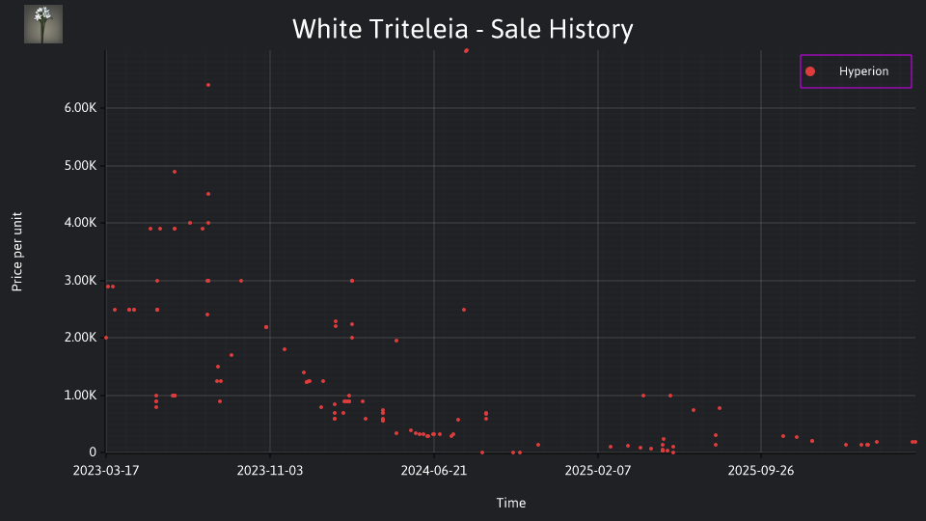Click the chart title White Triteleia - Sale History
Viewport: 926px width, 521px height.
pyautogui.click(x=462, y=29)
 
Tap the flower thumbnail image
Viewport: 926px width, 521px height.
pyautogui.click(x=43, y=24)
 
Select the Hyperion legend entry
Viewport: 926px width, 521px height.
pyautogui.click(x=856, y=71)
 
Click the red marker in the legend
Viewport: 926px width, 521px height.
pyautogui.click(x=810, y=71)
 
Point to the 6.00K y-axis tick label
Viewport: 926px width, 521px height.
pyautogui.click(x=80, y=107)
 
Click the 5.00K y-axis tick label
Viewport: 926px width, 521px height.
pyautogui.click(x=80, y=165)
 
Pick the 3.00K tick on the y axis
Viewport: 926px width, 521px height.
pyautogui.click(x=80, y=281)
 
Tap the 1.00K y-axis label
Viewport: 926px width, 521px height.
pyautogui.click(x=80, y=396)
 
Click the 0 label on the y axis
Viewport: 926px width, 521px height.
pyautogui.click(x=93, y=452)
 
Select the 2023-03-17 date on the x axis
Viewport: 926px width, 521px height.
pyautogui.click(x=106, y=470)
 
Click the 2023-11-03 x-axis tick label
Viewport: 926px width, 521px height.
pyautogui.click(x=270, y=470)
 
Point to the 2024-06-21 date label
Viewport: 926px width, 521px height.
pyautogui.click(x=434, y=470)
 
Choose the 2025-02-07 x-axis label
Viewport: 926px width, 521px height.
pyautogui.click(x=598, y=470)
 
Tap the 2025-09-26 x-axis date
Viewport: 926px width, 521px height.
pyautogui.click(x=761, y=470)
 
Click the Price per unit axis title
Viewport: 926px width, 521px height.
pyautogui.click(x=17, y=252)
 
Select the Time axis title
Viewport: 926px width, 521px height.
pyautogui.click(x=511, y=503)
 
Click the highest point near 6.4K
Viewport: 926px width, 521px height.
pyautogui.click(x=208, y=85)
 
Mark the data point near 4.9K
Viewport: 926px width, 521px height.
pyautogui.click(x=175, y=172)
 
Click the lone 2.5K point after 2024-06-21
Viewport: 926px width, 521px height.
pyautogui.click(x=464, y=310)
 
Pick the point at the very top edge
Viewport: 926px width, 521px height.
pyautogui.click(x=466, y=51)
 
